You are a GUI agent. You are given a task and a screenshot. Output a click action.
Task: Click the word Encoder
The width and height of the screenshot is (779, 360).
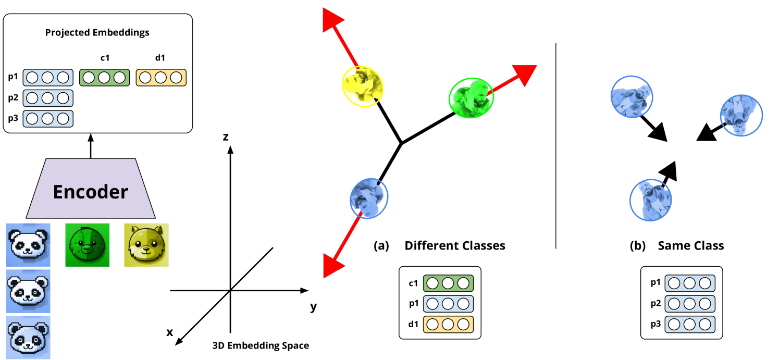coord(91,192)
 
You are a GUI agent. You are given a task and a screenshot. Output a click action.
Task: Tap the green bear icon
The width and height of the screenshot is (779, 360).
coord(88,245)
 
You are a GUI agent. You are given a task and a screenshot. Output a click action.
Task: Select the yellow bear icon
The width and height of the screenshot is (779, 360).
coord(146,245)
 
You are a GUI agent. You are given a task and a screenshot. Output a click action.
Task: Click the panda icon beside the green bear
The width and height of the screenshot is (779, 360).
coord(29,245)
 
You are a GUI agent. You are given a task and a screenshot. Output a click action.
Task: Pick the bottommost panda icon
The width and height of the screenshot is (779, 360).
coord(29,337)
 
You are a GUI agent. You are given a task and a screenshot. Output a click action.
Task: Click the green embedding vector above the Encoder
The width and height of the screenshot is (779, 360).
coord(104,78)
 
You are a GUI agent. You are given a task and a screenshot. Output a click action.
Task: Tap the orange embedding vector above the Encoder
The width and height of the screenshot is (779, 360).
coord(161,78)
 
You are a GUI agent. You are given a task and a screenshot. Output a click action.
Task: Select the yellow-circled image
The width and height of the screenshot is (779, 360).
coord(363,86)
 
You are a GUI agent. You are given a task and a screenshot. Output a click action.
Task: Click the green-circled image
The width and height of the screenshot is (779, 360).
coord(471,98)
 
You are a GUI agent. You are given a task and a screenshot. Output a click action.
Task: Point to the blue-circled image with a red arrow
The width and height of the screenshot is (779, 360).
coord(369,198)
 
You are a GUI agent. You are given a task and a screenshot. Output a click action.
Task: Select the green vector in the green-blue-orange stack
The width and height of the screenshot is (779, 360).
coord(448,283)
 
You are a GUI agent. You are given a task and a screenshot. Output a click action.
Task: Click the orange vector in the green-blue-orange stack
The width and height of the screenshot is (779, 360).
coord(448,325)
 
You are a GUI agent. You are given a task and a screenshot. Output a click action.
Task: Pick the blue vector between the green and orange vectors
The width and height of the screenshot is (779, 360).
coord(448,304)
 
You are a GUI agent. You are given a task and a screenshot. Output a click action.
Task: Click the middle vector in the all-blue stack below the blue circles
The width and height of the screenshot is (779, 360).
coord(690,304)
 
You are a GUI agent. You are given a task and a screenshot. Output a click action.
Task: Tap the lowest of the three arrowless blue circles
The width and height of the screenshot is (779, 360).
coord(650,200)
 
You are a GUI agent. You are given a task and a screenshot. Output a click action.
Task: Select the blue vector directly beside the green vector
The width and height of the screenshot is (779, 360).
coord(48,78)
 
